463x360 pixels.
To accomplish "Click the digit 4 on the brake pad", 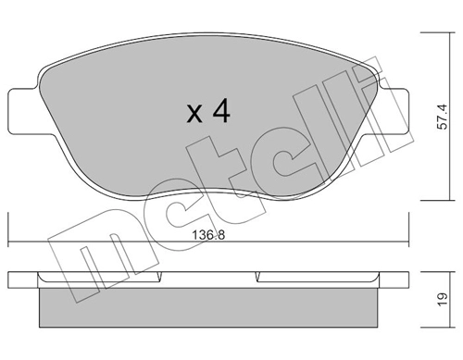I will [219, 112].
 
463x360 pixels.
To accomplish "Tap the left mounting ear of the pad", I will [22, 108].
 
